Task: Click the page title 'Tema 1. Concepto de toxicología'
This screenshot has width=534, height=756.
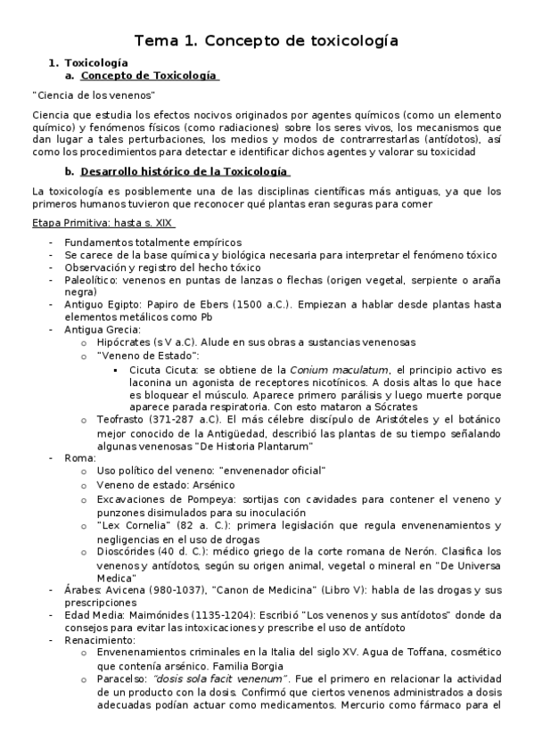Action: pyautogui.click(x=266, y=40)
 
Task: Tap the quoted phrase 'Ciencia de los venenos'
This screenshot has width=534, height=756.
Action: pyautogui.click(x=94, y=95)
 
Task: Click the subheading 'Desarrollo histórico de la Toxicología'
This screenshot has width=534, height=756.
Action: pyautogui.click(x=184, y=170)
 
